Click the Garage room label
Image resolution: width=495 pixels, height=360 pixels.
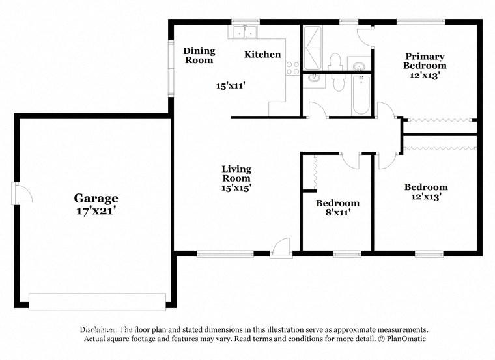coord(96,198)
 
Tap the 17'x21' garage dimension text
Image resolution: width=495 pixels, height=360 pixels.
coord(96,210)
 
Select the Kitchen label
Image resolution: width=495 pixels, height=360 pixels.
coord(262,55)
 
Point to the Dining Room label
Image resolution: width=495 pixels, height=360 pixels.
coord(199,55)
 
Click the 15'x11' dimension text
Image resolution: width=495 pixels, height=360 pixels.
coord(231,85)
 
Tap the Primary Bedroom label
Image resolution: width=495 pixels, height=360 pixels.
coord(425,61)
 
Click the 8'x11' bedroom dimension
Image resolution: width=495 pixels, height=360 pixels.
coord(337,212)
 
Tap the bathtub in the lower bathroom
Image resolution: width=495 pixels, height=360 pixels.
coord(361,94)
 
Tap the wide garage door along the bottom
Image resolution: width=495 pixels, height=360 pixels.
coord(97,301)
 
